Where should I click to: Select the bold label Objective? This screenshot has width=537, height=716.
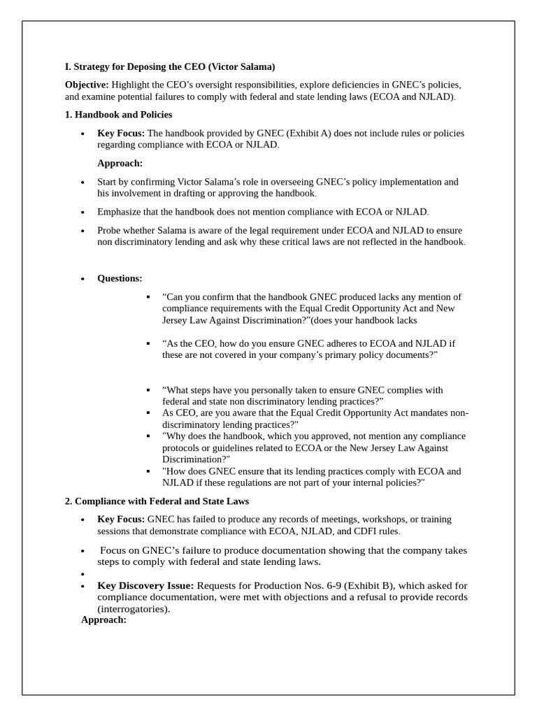tap(86, 84)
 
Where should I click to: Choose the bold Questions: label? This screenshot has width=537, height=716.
tap(120, 278)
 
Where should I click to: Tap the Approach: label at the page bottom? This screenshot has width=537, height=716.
tap(103, 620)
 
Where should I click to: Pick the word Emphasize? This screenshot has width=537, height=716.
tap(120, 211)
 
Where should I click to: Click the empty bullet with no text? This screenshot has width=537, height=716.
tap(83, 574)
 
